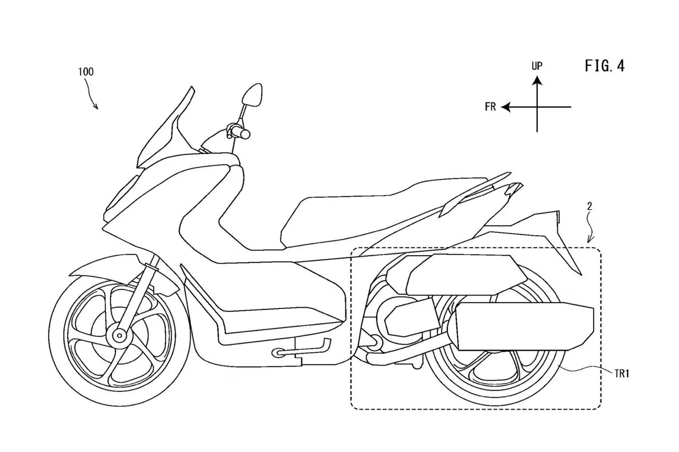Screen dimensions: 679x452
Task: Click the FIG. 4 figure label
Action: tap(605, 66)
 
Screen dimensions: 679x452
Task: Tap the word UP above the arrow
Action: tap(537, 66)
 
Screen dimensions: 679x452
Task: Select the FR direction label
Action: tap(490, 107)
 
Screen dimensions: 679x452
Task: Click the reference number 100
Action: tap(86, 72)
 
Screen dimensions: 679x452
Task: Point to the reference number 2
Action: tap(590, 206)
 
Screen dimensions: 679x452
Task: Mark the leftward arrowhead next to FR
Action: tap(506, 107)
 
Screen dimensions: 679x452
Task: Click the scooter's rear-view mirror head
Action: tap(252, 95)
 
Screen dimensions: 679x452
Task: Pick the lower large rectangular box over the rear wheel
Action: tap(523, 326)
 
